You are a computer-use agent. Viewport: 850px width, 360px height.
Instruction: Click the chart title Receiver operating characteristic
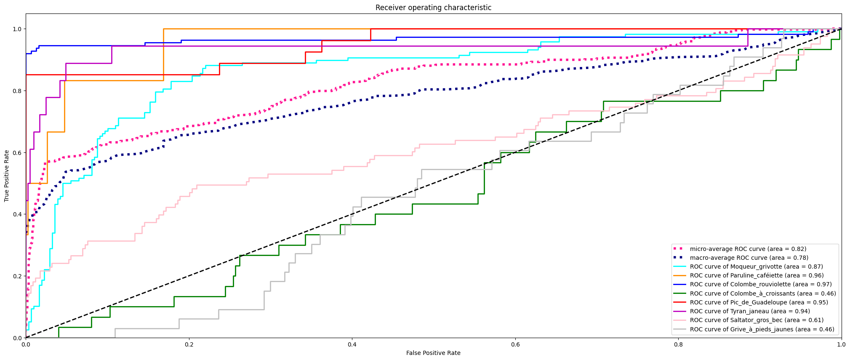[x=433, y=8]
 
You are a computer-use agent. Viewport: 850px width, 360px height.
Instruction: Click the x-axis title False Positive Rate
[x=433, y=353]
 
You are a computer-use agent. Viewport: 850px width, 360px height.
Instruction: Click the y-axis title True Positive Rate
[x=7, y=176]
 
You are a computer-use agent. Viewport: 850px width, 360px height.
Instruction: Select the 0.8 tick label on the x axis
[x=678, y=344]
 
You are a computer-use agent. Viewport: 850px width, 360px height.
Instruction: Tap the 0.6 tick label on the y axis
[x=17, y=152]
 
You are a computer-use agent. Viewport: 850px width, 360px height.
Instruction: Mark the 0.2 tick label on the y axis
[x=17, y=276]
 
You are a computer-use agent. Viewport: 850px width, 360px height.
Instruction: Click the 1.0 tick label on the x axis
[x=841, y=344]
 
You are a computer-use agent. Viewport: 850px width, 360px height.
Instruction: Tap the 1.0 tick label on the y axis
[x=17, y=29]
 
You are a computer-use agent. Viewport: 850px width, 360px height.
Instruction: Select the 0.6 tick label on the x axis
[x=515, y=344]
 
